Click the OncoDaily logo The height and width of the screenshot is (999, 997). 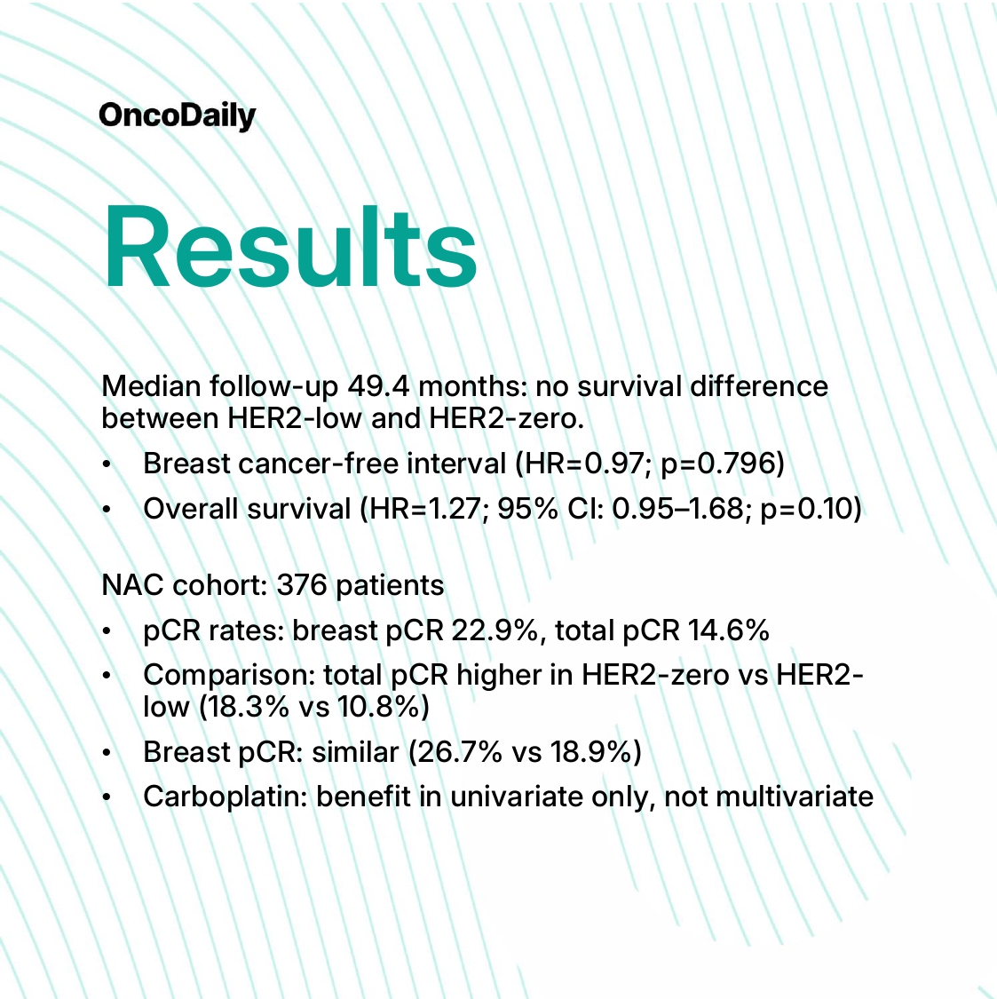[177, 116]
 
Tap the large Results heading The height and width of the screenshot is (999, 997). [289, 247]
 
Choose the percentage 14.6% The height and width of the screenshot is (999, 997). [729, 630]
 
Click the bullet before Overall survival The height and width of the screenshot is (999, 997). [107, 509]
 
